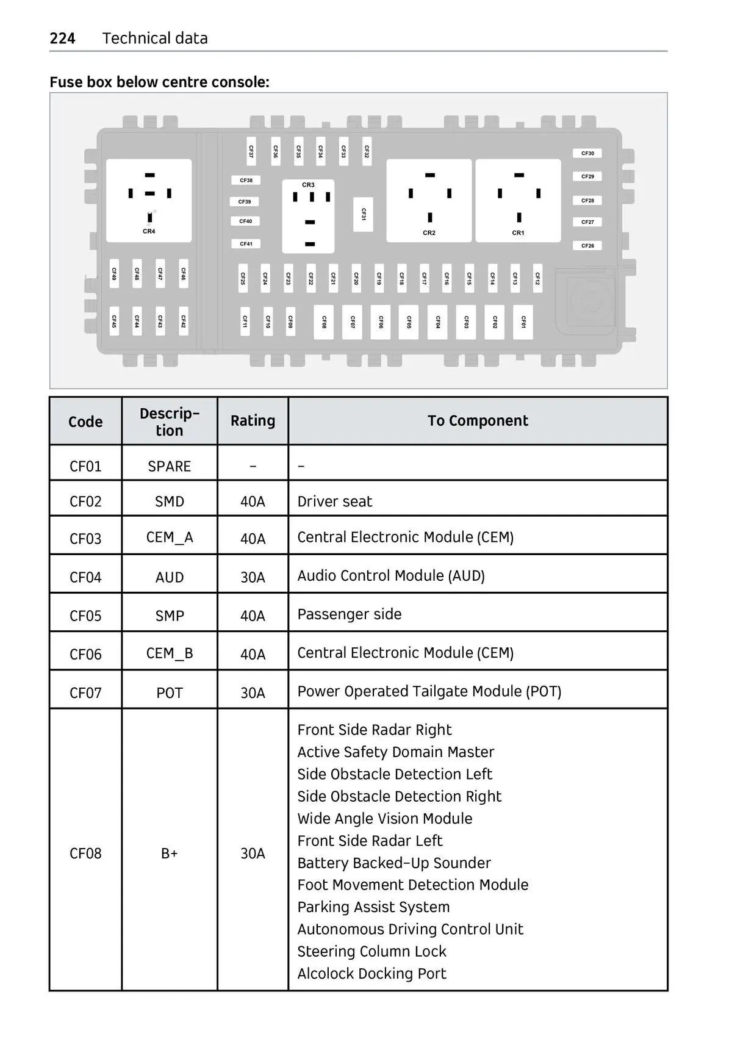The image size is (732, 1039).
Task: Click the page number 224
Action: (62, 38)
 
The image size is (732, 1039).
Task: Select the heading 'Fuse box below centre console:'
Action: (159, 82)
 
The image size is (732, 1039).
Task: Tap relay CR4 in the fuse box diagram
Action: (149, 201)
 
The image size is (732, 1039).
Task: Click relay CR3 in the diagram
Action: (308, 216)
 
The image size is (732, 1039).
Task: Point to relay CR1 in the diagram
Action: (518, 201)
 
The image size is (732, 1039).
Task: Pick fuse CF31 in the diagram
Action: (364, 214)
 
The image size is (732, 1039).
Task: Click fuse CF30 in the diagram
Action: (587, 154)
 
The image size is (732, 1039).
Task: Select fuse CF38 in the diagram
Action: (246, 181)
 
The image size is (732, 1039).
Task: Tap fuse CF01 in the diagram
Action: (523, 322)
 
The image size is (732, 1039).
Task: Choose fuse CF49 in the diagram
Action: (114, 273)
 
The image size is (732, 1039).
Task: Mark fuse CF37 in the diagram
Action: (251, 151)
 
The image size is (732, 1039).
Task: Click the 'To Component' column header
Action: (478, 421)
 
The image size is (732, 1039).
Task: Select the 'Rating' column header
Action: (253, 421)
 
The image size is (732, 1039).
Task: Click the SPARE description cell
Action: (170, 466)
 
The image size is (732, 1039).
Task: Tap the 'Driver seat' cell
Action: (334, 502)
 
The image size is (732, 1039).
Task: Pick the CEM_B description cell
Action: (170, 653)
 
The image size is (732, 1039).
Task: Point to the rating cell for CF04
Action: (253, 577)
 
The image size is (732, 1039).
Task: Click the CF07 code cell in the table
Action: (85, 693)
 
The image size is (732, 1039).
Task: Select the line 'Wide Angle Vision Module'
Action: (385, 819)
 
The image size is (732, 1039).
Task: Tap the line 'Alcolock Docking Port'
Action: (371, 974)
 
